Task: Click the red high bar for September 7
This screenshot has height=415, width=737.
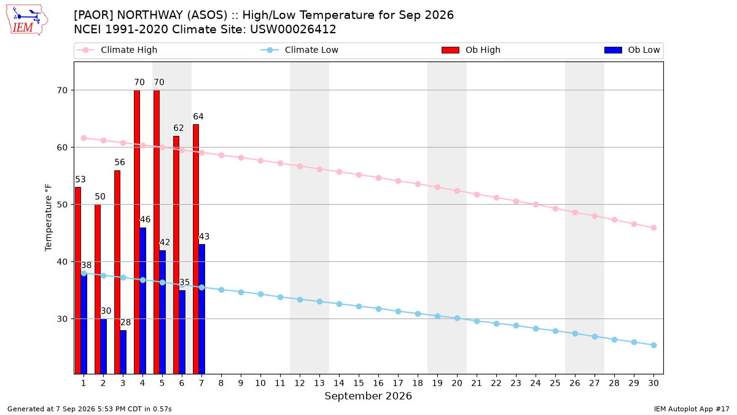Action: click(196, 249)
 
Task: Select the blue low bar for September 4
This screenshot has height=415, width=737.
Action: click(142, 301)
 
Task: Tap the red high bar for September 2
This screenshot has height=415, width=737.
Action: click(98, 289)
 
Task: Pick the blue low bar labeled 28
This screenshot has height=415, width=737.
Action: click(123, 352)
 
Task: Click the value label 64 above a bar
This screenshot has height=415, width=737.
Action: click(198, 117)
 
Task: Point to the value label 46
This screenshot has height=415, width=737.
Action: click(145, 219)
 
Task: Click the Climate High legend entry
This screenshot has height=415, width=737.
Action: click(117, 50)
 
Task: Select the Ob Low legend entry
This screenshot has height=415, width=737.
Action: click(632, 50)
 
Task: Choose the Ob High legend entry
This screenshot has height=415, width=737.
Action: click(471, 50)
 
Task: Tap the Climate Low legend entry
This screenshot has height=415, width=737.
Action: click(300, 50)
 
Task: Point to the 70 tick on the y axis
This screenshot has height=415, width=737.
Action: click(62, 90)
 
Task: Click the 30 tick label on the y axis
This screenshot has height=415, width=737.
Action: click(62, 319)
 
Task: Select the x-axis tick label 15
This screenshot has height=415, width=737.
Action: click(359, 383)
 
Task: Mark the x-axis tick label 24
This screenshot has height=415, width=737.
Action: click(536, 383)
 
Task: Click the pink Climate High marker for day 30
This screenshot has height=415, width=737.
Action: click(653, 228)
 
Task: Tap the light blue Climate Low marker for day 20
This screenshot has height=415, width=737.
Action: click(457, 318)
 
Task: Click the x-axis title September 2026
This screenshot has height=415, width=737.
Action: click(368, 396)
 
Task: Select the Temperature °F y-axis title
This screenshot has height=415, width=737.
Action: click(49, 218)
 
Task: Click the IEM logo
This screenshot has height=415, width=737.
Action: click(27, 20)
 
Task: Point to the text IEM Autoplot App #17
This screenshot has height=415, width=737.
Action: click(692, 409)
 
